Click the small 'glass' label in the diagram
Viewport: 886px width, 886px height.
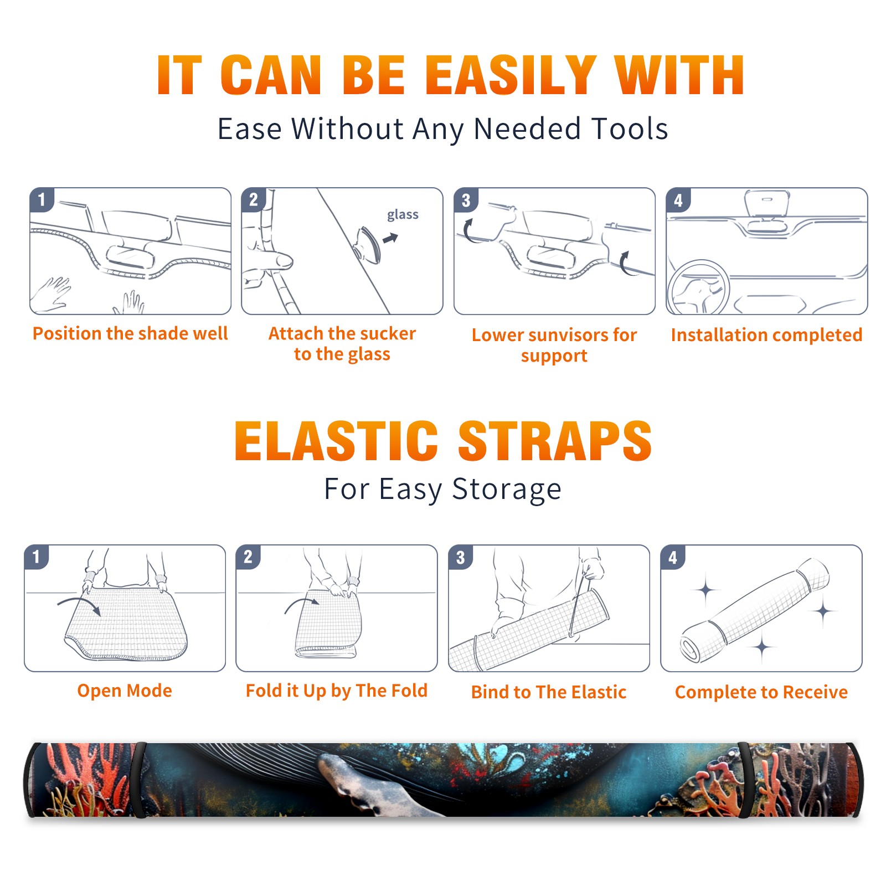click(403, 215)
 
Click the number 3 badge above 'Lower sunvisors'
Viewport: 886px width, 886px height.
click(466, 200)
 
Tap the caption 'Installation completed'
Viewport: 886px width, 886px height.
click(766, 335)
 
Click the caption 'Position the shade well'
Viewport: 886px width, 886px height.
click(130, 333)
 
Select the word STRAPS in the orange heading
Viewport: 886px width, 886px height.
click(555, 441)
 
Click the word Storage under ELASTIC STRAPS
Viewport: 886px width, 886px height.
click(507, 490)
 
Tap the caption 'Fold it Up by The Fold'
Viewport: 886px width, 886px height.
click(337, 691)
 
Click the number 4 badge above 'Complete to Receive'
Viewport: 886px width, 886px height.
click(673, 557)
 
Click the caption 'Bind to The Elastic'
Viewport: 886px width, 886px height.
click(549, 692)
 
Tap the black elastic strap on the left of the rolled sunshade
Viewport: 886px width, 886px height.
click(138, 780)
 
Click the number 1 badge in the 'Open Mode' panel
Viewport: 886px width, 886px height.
click(37, 557)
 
